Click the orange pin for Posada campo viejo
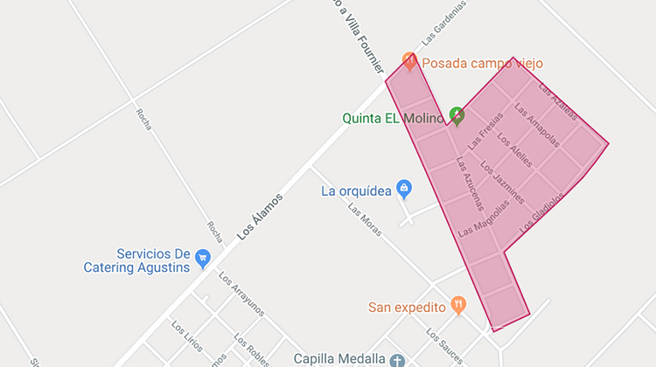click(x=408, y=61)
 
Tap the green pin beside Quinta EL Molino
click(x=457, y=115)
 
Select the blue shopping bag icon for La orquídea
click(x=403, y=188)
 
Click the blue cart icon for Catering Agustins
click(x=203, y=258)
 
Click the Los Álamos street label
click(x=261, y=216)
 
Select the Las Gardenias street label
click(x=443, y=22)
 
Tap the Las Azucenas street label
click(x=470, y=185)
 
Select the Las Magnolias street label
click(x=484, y=218)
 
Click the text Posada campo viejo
click(x=482, y=63)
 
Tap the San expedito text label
click(x=407, y=307)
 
